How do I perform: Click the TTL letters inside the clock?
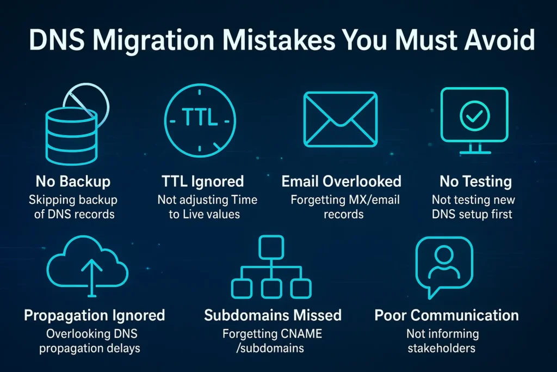[x=200, y=118]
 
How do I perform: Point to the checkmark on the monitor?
[x=474, y=114]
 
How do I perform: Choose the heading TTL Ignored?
[x=202, y=182]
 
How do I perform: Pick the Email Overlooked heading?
[x=341, y=182]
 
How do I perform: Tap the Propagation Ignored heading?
[x=94, y=315]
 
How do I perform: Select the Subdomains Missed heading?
[x=273, y=315]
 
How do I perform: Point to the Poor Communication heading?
[x=447, y=315]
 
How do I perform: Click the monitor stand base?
[x=474, y=152]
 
